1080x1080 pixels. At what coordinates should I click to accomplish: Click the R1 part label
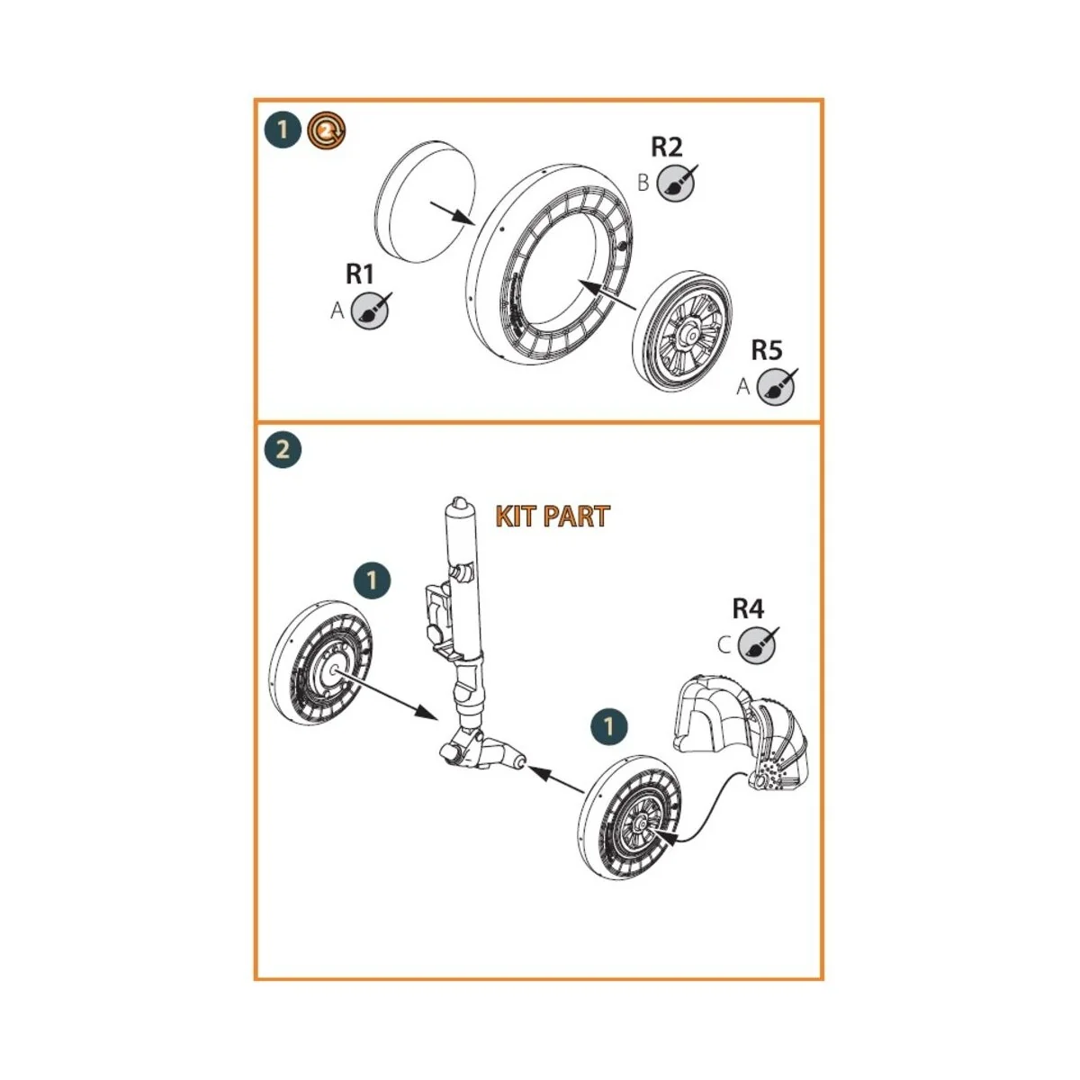(x=360, y=274)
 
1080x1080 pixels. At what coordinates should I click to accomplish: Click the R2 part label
(x=667, y=147)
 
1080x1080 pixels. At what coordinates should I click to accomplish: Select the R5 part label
(x=766, y=350)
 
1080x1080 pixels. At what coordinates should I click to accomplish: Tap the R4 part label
(x=747, y=609)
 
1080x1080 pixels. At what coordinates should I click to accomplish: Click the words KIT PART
(x=552, y=517)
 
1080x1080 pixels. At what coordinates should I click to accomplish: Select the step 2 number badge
(x=283, y=448)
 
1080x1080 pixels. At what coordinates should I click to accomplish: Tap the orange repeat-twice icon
(x=326, y=131)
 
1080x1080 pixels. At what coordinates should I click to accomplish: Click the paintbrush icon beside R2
(x=676, y=183)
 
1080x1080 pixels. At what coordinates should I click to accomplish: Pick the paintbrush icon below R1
(x=371, y=310)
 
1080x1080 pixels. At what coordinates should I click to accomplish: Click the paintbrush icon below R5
(x=776, y=387)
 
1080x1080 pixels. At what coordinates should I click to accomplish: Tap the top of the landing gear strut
(x=460, y=508)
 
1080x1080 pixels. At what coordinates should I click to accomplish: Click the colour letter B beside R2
(x=643, y=183)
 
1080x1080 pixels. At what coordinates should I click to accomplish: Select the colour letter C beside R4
(x=724, y=644)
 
